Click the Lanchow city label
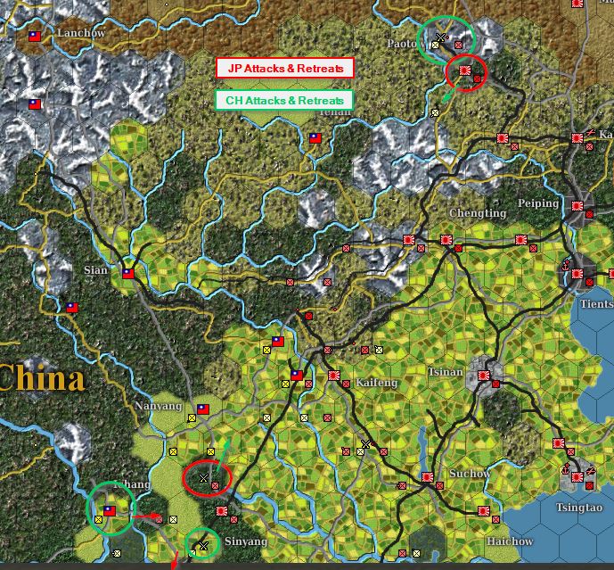[80, 33]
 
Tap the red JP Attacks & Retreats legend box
[284, 68]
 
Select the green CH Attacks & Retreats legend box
[284, 101]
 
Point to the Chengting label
[478, 214]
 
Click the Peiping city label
[538, 203]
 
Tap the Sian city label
[95, 270]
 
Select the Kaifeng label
[376, 383]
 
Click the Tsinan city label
[446, 372]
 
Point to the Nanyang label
[158, 406]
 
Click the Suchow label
[469, 473]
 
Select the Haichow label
[510, 541]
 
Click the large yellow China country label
[42, 379]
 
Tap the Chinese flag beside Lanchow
[36, 37]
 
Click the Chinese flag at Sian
[128, 274]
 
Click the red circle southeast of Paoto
[466, 71]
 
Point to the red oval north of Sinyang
[206, 478]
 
